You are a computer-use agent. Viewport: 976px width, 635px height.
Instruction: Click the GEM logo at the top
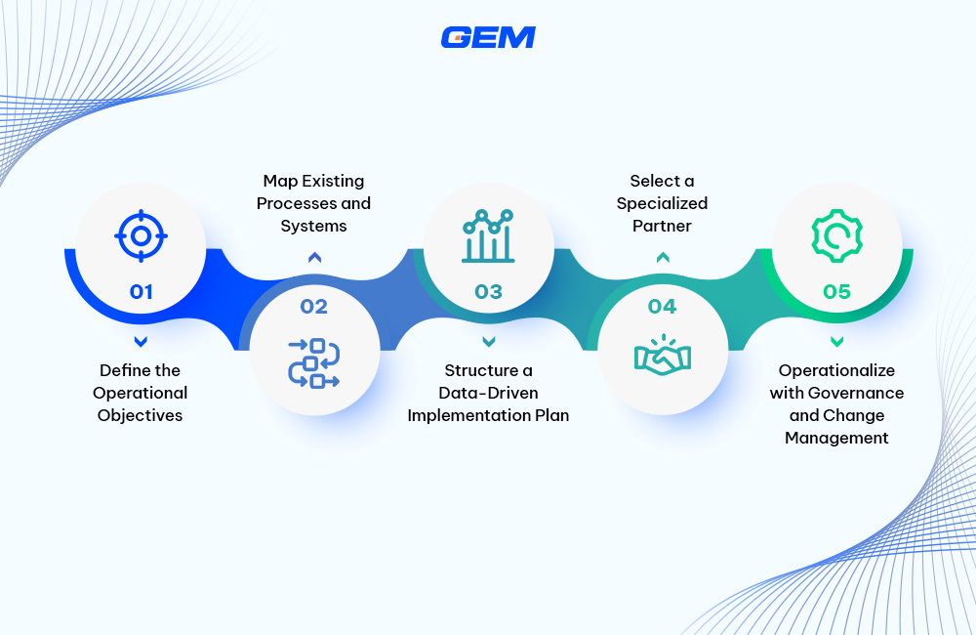coord(488,37)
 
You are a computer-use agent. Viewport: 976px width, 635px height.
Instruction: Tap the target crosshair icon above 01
coord(141,235)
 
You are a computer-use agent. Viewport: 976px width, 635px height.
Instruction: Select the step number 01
coord(141,291)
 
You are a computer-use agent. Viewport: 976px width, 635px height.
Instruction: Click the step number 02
coord(314,307)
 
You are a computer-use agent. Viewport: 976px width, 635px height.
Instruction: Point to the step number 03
coord(488,291)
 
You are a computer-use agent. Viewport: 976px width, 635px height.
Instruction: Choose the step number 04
coord(662,307)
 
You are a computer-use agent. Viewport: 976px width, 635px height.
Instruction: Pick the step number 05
coord(836,291)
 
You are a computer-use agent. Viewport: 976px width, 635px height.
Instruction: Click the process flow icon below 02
coord(314,361)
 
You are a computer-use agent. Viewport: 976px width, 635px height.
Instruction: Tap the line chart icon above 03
coord(488,235)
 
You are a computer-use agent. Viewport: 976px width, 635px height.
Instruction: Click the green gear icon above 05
coord(836,235)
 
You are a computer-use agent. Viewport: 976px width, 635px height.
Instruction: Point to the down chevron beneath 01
coord(141,341)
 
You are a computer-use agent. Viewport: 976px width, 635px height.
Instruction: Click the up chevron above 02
coord(314,258)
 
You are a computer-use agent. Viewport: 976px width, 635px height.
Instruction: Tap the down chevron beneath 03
coord(488,341)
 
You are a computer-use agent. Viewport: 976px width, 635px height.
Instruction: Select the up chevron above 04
coord(663,258)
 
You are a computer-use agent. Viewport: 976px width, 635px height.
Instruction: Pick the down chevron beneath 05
coord(836,341)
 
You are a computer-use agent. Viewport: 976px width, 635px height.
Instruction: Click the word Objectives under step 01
coord(140,415)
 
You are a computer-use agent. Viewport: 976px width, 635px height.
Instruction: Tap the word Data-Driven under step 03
coord(488,393)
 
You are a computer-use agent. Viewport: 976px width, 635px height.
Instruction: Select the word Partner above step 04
coord(663,226)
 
